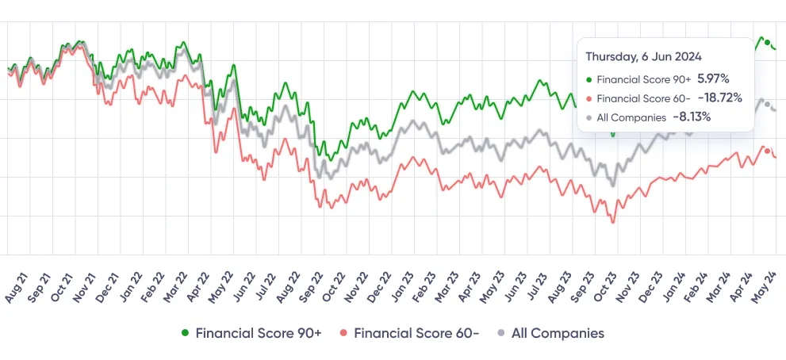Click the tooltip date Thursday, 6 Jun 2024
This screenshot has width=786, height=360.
pos(643,56)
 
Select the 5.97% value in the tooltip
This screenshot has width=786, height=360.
pos(713,79)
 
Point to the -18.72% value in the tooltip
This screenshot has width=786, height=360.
pos(720,98)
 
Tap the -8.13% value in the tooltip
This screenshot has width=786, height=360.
pos(692,117)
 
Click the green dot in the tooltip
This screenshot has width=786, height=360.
pos(589,79)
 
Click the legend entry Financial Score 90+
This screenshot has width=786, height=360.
pos(251,333)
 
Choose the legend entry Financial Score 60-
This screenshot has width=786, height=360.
pos(410,333)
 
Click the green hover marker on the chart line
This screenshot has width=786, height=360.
pos(767,42)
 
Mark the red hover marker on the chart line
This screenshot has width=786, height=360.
pos(767,151)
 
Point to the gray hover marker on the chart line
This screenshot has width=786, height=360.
pos(767,104)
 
